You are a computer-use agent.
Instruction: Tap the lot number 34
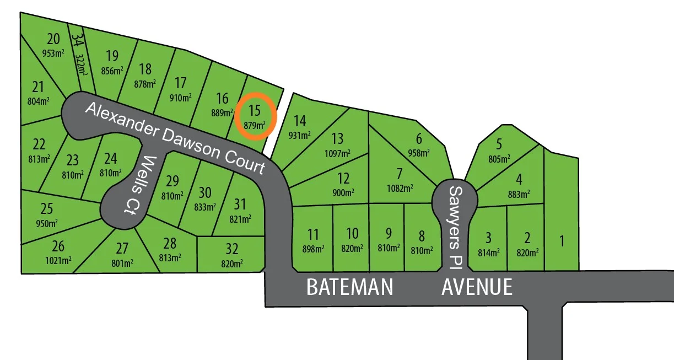(x=78, y=40)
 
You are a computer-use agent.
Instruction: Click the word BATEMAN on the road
(x=349, y=287)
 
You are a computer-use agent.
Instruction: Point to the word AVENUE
(x=477, y=287)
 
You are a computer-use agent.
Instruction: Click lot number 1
(x=562, y=241)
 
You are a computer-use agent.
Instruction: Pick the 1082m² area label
(x=400, y=188)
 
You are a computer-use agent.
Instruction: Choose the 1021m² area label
(x=58, y=260)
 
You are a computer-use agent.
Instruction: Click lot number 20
(x=53, y=39)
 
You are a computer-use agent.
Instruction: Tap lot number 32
(x=231, y=249)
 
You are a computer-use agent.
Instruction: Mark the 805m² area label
(x=499, y=158)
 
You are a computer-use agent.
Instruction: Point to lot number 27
(x=122, y=248)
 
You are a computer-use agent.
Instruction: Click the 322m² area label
(x=82, y=62)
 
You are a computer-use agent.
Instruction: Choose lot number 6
(x=419, y=139)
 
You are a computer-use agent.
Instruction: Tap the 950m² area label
(x=46, y=223)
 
